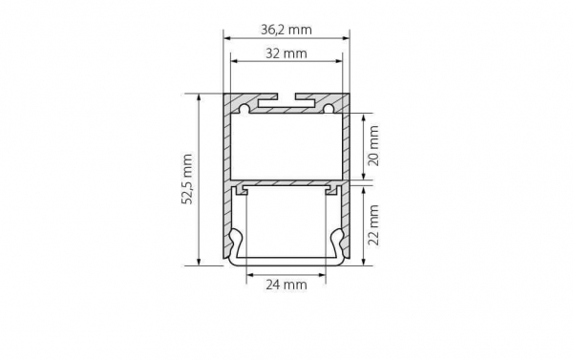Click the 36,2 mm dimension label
point(286,30)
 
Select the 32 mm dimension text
point(286,53)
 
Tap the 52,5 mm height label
point(188,180)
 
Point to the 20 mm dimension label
point(373,145)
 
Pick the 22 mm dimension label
point(373,225)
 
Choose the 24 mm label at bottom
point(286,285)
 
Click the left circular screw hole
point(244,109)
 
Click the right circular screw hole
point(329,109)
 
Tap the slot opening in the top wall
point(286,96)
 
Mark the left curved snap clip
point(234,244)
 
